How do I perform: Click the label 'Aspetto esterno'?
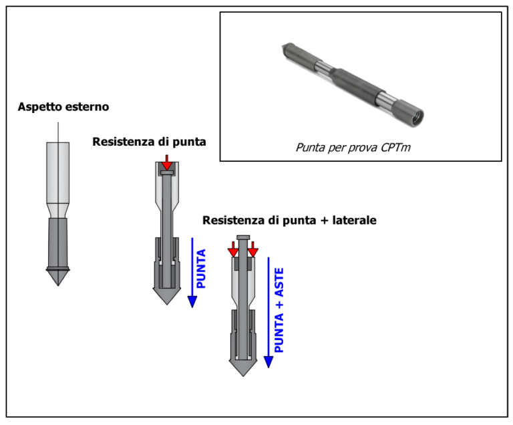tap(63, 106)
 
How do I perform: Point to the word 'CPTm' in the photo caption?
tap(395, 147)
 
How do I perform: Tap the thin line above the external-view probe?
tap(59, 132)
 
